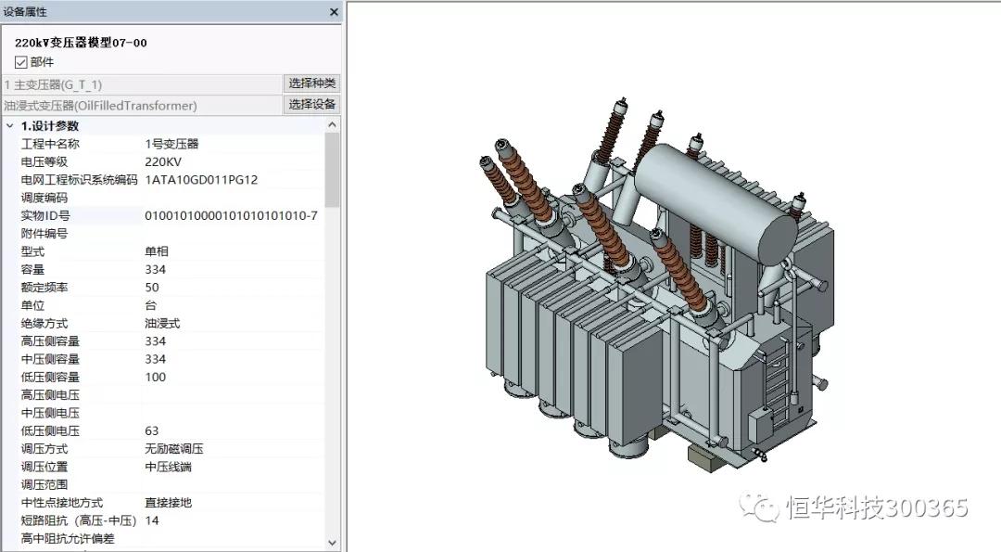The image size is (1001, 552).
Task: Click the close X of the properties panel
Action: pos(334,11)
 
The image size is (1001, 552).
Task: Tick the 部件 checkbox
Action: pos(21,62)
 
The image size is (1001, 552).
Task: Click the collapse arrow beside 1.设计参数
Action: pos(9,126)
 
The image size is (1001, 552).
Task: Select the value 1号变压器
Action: pos(171,144)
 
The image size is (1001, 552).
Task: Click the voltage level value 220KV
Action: pos(163,161)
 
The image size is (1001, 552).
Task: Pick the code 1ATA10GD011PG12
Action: pos(201,180)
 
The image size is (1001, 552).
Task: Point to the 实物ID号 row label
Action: pos(45,216)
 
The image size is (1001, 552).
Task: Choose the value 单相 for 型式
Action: pos(157,251)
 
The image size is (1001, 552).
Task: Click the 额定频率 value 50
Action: pos(152,288)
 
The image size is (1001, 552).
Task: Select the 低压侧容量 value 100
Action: pos(155,377)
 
